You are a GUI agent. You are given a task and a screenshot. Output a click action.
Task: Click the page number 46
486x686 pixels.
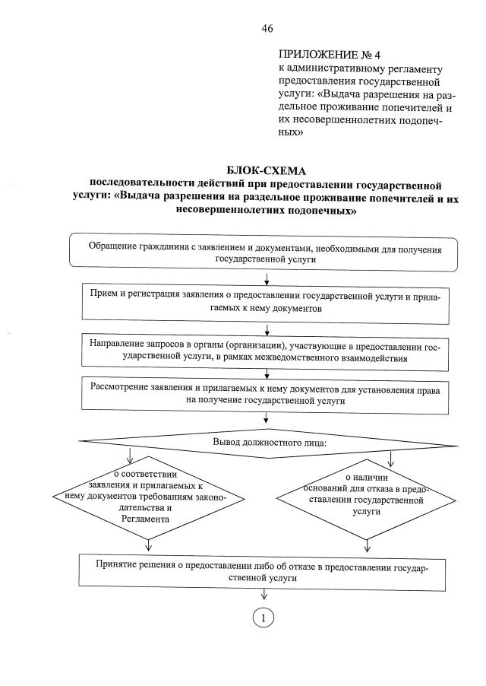pos(267,28)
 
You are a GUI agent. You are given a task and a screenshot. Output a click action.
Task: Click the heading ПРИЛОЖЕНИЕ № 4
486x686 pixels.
pos(319,56)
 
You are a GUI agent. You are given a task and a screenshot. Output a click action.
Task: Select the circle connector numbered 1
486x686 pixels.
pos(264,618)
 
